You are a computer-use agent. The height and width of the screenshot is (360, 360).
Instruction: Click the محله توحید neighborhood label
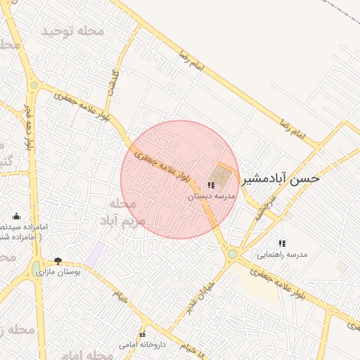(x=73, y=32)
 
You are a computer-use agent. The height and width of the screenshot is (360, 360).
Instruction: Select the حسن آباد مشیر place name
(x=281, y=179)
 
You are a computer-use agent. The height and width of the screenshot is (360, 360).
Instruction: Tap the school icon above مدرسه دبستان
(x=211, y=186)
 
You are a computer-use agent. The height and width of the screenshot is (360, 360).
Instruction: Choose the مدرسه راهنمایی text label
(x=282, y=255)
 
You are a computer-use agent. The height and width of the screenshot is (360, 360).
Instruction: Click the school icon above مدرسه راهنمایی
(x=282, y=243)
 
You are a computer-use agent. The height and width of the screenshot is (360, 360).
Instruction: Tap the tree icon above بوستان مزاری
(x=58, y=260)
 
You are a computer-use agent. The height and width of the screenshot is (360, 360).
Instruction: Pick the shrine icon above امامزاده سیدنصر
(x=16, y=216)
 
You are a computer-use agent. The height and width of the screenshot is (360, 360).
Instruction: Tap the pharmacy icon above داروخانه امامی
(x=142, y=333)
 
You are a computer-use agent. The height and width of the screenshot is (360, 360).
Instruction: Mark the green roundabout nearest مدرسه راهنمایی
(x=232, y=253)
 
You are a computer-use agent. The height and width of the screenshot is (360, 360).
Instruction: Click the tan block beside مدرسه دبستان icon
(x=220, y=174)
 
